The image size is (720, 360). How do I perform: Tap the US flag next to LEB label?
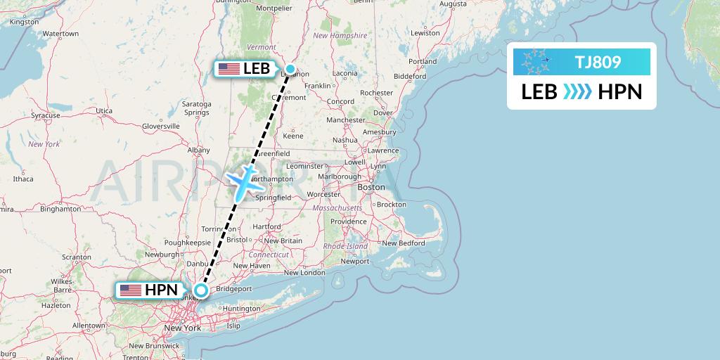[229, 68]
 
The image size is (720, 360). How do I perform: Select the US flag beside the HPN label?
[130, 290]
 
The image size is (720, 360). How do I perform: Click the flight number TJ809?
[598, 62]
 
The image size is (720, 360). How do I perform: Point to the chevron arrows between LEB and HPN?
[577, 92]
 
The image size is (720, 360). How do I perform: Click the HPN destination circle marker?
[201, 290]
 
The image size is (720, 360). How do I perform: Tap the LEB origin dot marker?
[290, 69]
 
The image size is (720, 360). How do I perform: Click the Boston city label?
[371, 187]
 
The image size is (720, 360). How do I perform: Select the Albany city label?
[199, 150]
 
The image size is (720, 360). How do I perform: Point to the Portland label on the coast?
[422, 61]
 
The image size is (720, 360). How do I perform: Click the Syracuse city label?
[45, 115]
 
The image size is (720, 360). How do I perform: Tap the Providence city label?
[349, 221]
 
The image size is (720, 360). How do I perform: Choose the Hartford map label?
[266, 226]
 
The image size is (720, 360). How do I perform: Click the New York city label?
[182, 328]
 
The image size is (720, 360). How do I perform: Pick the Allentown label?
[88, 326]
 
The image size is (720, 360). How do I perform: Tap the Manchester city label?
[346, 120]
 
